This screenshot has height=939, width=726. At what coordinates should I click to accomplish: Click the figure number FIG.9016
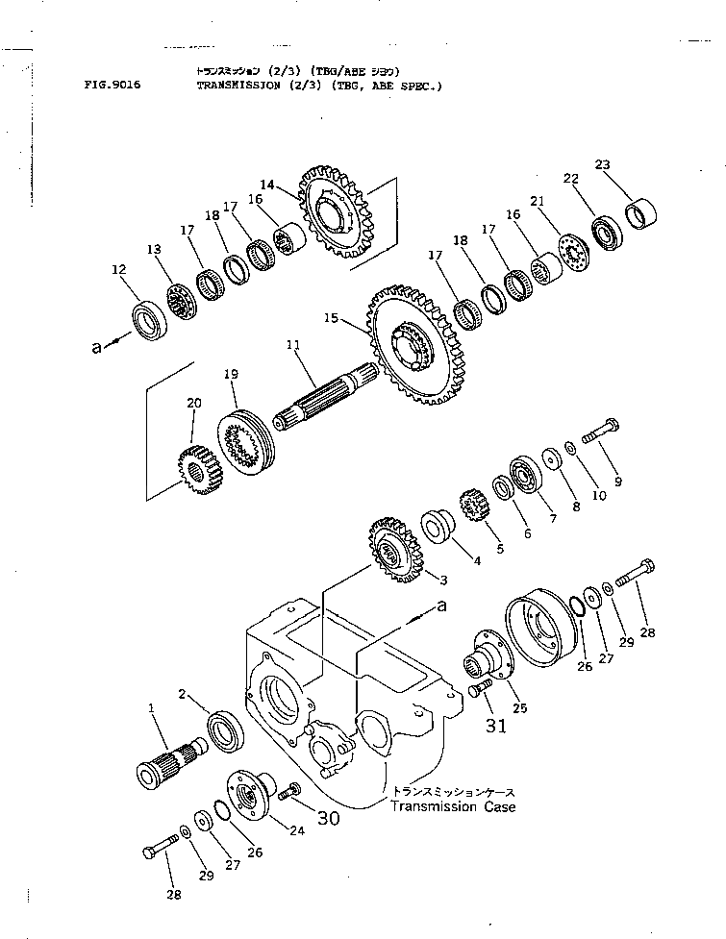(x=113, y=85)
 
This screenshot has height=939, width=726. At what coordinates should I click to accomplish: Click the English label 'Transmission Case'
(x=452, y=806)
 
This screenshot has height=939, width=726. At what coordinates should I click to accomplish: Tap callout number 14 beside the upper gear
(x=267, y=184)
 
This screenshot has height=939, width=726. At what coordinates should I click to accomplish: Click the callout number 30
(x=328, y=818)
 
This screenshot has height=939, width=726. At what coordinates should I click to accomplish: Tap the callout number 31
(x=495, y=726)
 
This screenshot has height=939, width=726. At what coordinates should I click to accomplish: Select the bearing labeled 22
(x=606, y=234)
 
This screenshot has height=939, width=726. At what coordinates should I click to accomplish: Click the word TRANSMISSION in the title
(x=236, y=85)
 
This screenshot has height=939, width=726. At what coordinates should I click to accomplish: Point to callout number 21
(x=563, y=201)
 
